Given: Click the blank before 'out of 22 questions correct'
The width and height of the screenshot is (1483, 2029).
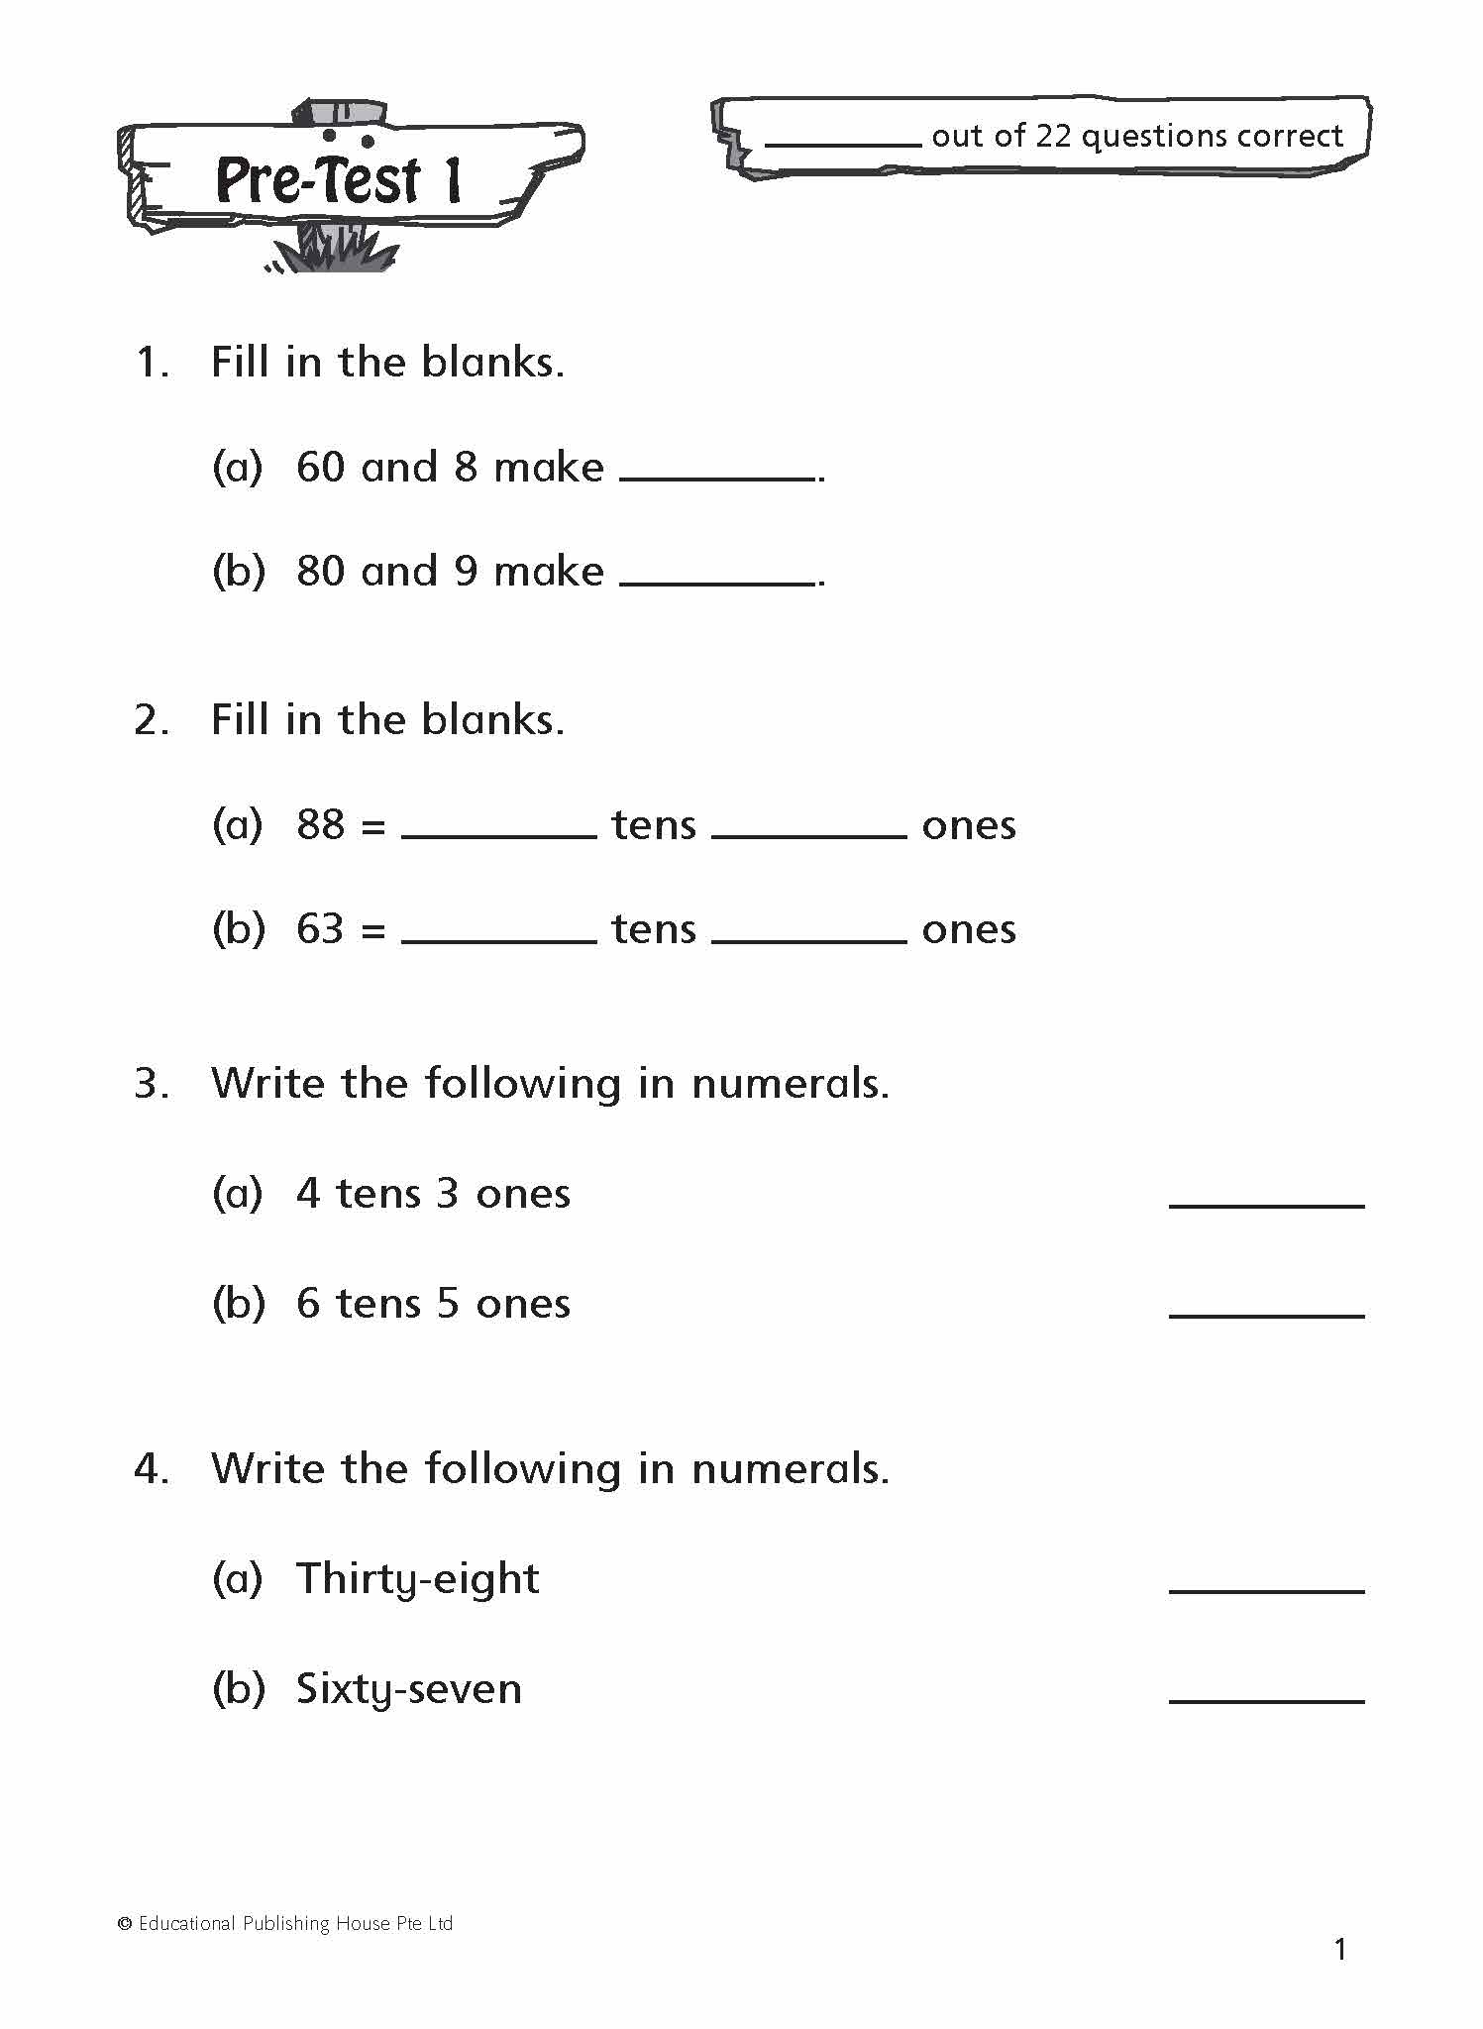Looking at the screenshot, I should coord(843,139).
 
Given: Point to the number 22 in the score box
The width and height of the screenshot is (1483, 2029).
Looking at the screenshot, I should coord(1053,136).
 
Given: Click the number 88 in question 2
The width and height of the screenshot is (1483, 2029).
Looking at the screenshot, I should coord(320,824).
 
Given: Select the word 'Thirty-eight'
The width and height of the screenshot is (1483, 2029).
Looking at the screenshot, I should coord(417,1579).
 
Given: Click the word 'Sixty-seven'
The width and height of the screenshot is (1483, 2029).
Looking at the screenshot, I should coord(408,1689).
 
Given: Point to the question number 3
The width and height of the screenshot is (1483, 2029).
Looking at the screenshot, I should coord(150,1084).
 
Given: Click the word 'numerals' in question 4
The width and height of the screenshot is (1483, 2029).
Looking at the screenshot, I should coord(789,1469).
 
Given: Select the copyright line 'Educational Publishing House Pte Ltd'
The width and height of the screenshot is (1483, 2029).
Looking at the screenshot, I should coord(294,1923).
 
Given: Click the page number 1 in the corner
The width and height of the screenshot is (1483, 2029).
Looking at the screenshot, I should coord(1340,1951).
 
